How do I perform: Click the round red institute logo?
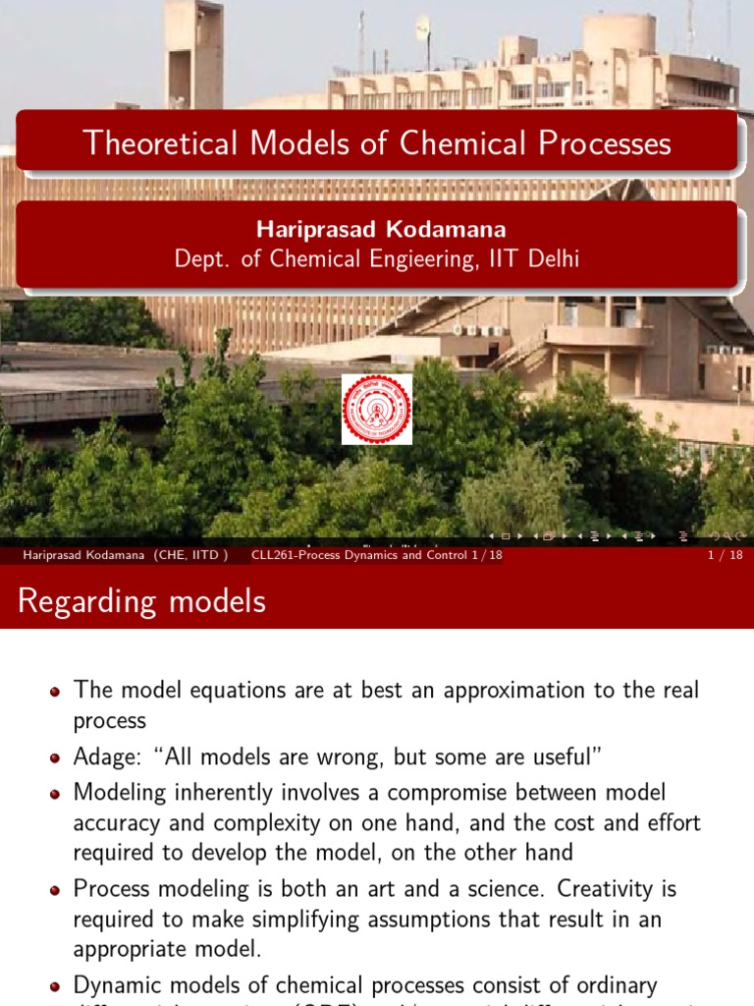click(x=377, y=409)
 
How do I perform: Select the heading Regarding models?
click(x=141, y=601)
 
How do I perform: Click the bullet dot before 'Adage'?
click(x=55, y=757)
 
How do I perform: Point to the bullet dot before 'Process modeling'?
click(x=55, y=890)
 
